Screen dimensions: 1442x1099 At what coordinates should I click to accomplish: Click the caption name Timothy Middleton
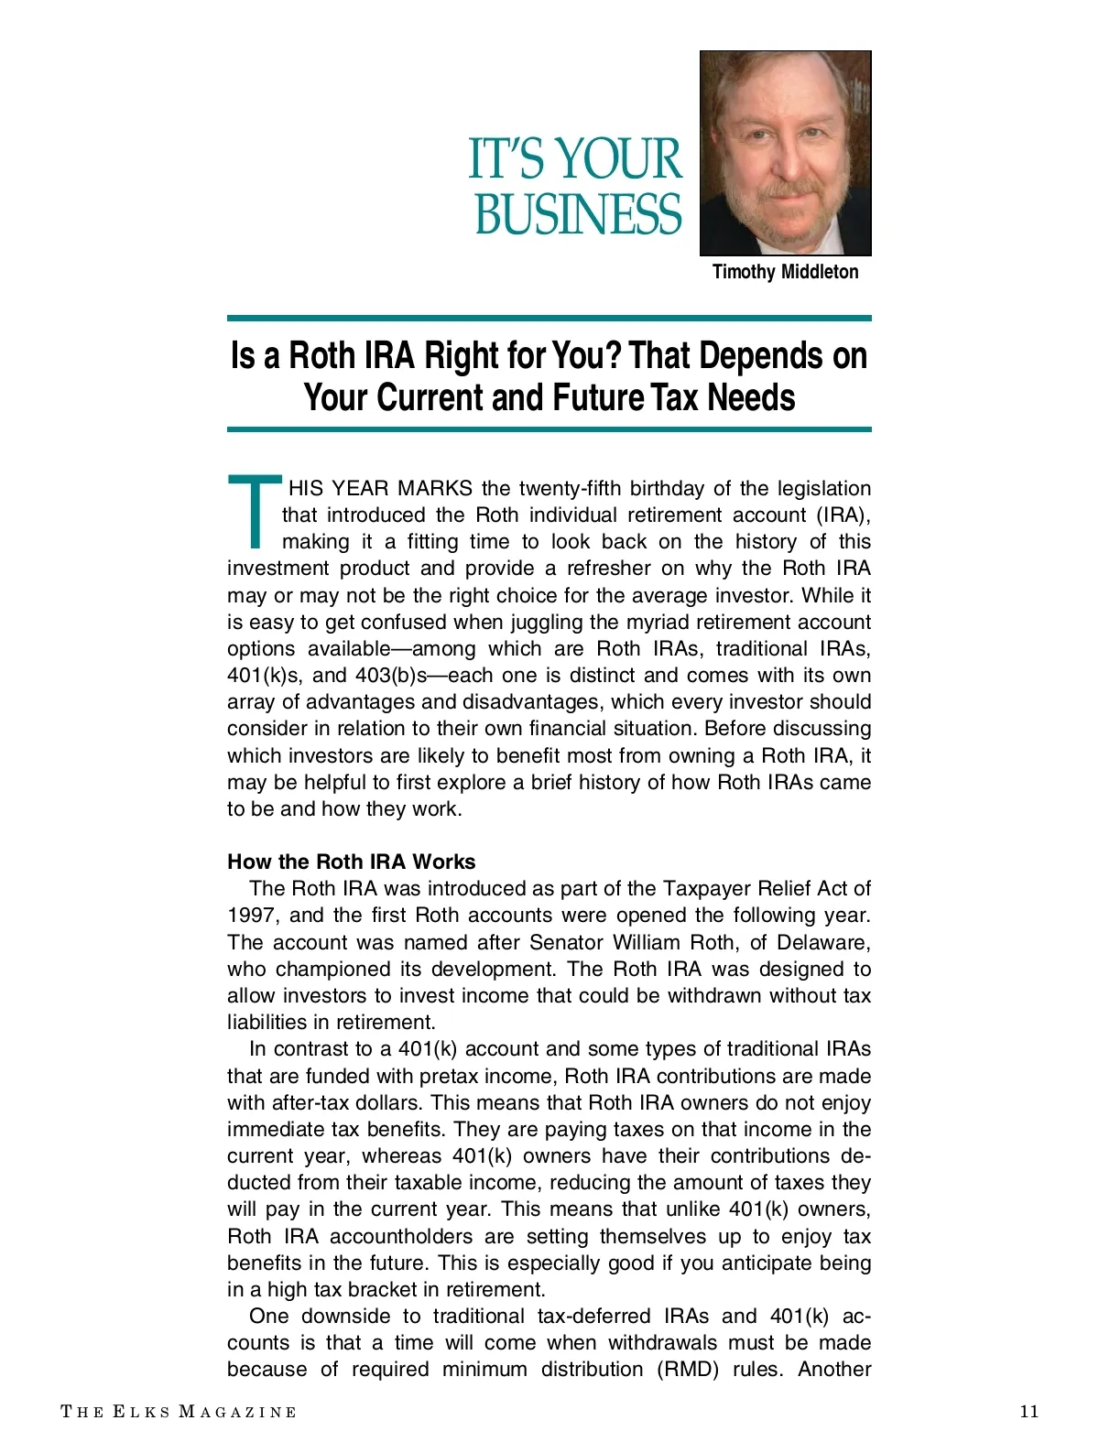coord(785,272)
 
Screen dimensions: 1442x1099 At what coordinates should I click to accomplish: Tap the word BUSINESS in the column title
coord(578,214)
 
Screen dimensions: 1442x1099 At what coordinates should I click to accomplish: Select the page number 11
coord(1029,1411)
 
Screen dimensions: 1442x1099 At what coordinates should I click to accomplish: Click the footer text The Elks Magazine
coord(179,1412)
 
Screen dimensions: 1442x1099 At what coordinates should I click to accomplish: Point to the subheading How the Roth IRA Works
coord(351,862)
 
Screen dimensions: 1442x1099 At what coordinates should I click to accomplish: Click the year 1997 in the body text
coord(252,915)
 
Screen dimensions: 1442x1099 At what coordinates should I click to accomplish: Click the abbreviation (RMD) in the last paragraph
coord(687,1369)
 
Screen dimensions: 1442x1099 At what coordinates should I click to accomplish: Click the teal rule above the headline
coord(549,319)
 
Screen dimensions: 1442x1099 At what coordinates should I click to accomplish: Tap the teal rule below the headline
coord(549,428)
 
